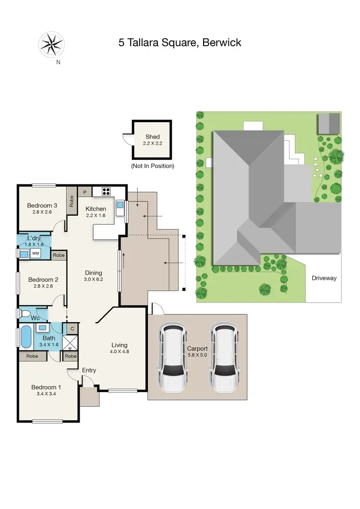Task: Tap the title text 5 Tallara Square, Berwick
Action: [x=180, y=43]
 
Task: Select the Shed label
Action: [x=153, y=137]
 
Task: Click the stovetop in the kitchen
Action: [x=106, y=192]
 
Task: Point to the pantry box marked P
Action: [x=84, y=191]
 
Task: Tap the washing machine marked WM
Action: [x=35, y=253]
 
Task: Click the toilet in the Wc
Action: [x=24, y=313]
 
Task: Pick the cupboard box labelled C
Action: [x=72, y=328]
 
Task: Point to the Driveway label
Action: [x=324, y=278]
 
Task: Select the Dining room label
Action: [x=93, y=272]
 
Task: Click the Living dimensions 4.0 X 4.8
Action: [x=120, y=352]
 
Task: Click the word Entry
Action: [x=89, y=370]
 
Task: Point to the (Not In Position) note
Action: [x=153, y=166]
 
